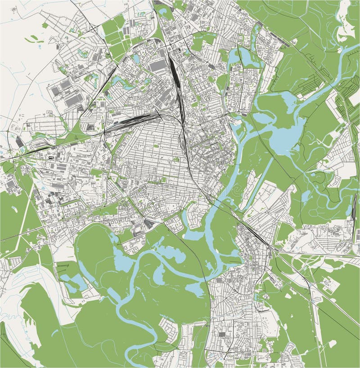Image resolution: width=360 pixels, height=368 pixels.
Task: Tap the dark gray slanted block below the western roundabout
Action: click(x=20, y=142)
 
